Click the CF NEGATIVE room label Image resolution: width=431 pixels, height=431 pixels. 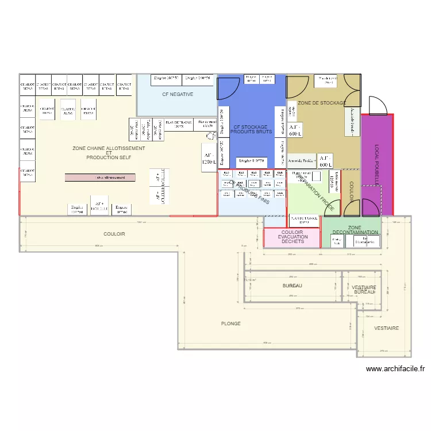point(177,94)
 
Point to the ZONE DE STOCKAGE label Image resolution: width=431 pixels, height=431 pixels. point(322,103)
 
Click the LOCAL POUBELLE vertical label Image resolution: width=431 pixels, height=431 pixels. point(378,164)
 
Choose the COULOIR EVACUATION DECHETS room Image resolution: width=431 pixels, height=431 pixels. point(293,237)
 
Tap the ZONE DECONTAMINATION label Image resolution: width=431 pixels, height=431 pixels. point(355,230)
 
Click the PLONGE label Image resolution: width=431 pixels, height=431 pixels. point(230,324)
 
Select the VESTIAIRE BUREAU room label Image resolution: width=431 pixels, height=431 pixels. point(364,290)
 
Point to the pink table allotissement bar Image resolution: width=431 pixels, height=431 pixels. point(100,178)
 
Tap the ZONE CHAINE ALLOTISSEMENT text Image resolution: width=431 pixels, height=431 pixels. point(109,148)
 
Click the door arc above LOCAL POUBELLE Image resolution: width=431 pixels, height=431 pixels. point(378,105)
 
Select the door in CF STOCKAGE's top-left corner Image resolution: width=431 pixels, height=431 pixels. point(225,88)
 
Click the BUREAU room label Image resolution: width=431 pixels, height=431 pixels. point(293,286)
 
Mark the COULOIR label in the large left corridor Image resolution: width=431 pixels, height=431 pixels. point(114,234)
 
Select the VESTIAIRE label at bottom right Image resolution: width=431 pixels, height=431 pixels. point(386,328)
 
